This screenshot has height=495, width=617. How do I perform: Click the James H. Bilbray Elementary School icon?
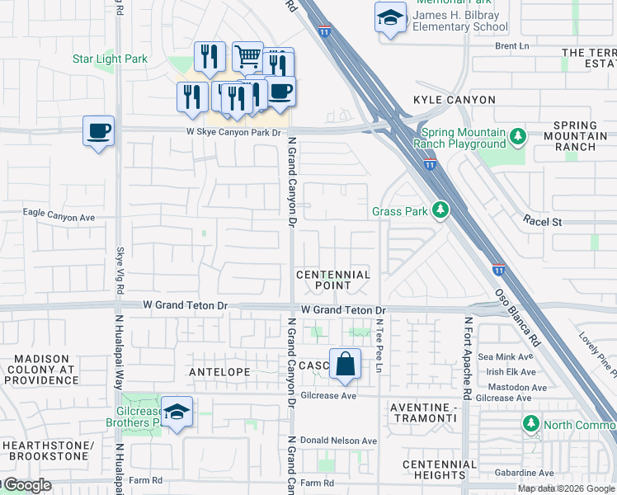(x=390, y=17)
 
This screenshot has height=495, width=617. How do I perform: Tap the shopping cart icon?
(x=247, y=56)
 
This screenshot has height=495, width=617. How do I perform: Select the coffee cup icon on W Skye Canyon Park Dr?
(x=98, y=130)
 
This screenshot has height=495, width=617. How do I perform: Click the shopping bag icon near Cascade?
(x=345, y=363)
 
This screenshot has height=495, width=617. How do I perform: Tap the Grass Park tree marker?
(x=440, y=210)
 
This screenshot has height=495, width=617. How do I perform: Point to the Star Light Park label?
(x=110, y=59)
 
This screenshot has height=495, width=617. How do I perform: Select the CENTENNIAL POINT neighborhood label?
(x=333, y=280)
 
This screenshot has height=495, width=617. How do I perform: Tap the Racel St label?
(x=542, y=222)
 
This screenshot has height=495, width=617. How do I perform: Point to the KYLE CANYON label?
(x=454, y=100)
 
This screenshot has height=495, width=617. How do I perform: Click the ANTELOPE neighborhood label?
(x=220, y=372)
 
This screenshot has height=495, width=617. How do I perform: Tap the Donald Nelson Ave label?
(x=338, y=441)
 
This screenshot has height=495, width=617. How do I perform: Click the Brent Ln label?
(x=511, y=46)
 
